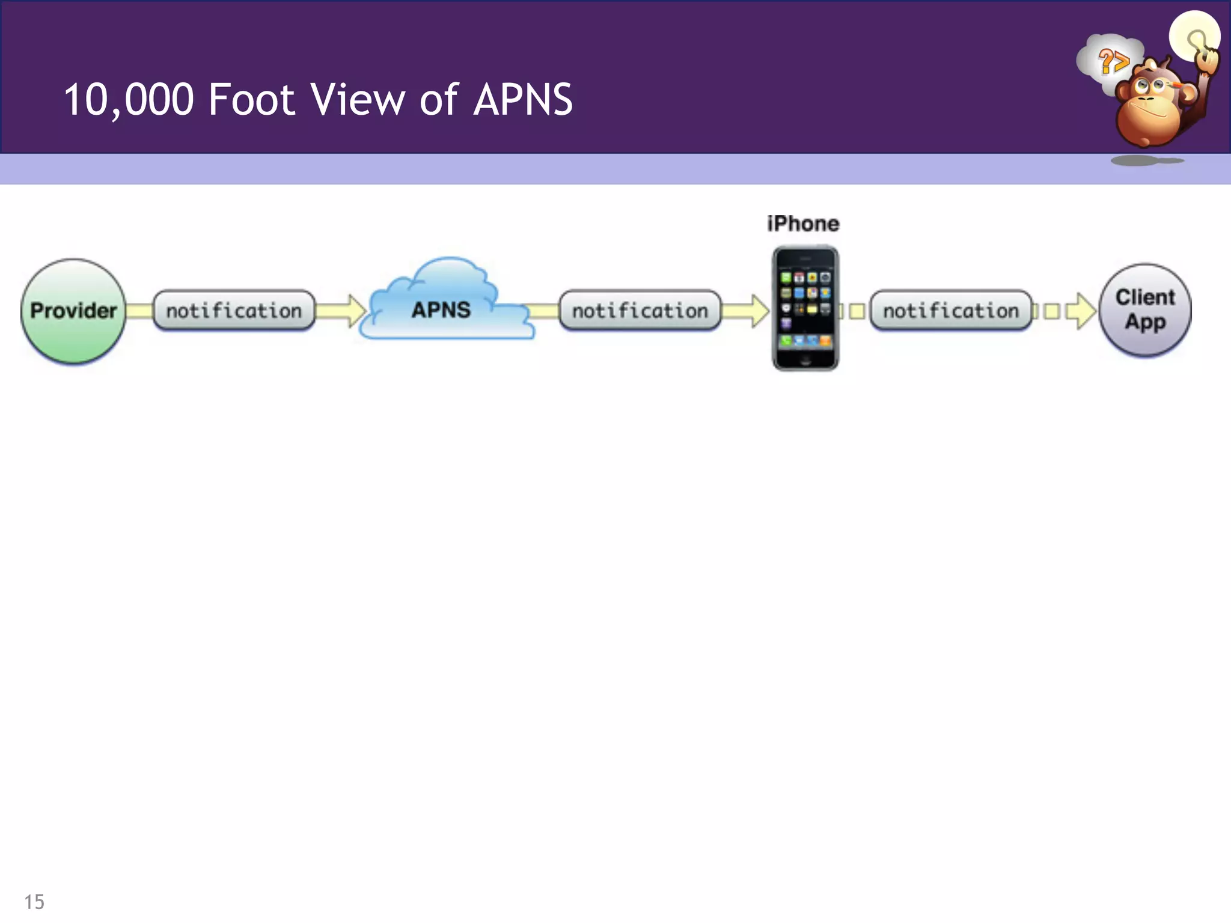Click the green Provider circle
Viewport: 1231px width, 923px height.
pos(73,311)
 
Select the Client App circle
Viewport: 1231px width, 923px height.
pos(1145,310)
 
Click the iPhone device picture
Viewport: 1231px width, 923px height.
pos(805,308)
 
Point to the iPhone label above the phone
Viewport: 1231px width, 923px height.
pos(803,224)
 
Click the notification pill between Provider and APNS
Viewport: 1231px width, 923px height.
pos(234,311)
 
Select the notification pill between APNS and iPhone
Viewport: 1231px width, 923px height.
pos(640,311)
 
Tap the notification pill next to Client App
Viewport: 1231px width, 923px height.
pos(950,311)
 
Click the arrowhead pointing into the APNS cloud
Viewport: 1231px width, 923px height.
pos(356,311)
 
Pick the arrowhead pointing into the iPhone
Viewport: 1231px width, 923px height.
pos(760,311)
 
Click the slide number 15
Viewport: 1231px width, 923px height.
pos(34,901)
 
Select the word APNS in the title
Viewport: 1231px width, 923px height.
pos(523,100)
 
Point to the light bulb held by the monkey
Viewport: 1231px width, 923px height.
pos(1194,36)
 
